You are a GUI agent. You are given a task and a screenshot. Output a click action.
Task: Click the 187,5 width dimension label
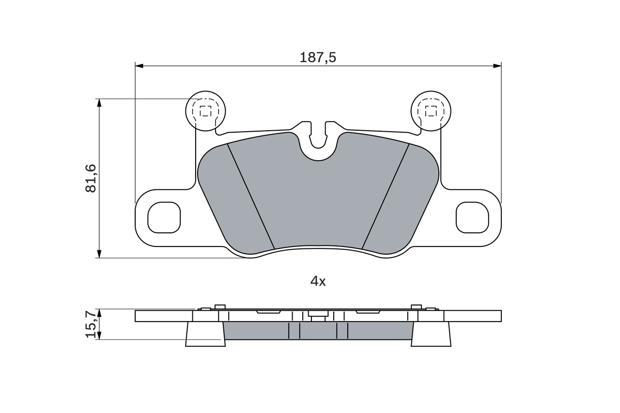(318, 57)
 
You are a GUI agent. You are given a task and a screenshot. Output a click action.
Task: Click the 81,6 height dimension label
(92, 178)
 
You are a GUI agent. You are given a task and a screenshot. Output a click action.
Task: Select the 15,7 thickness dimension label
(92, 324)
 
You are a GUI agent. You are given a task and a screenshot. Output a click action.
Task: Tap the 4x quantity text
(318, 281)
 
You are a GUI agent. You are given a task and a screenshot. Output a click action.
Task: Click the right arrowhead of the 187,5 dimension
(496, 65)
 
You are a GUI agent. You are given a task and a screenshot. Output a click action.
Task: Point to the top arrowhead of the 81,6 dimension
(99, 103)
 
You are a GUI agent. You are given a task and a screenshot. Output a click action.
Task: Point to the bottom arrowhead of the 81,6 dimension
(99, 254)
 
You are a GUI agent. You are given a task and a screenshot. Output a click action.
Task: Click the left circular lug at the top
(206, 111)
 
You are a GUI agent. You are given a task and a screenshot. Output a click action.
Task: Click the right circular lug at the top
(431, 111)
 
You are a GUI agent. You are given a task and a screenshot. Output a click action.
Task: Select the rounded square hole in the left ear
(164, 217)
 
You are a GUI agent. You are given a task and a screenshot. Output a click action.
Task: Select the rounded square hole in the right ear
(472, 217)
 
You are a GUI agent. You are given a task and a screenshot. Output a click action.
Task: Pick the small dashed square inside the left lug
(206, 111)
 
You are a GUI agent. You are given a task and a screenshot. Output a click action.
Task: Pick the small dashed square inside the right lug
(431, 111)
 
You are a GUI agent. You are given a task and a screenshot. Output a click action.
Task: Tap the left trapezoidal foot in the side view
(205, 334)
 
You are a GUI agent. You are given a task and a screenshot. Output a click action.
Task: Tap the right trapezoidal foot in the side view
(431, 334)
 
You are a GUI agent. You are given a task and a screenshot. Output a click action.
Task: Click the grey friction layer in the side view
(318, 331)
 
